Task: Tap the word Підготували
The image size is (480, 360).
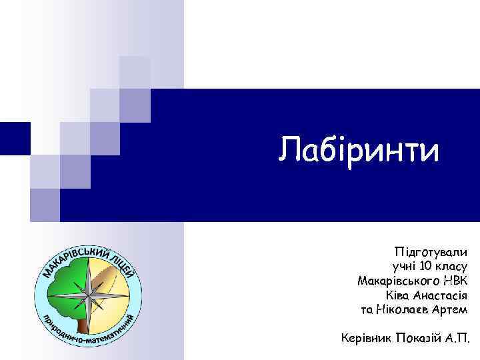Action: click(x=431, y=252)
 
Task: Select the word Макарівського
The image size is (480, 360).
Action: click(x=394, y=281)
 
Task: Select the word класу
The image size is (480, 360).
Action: click(x=451, y=267)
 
